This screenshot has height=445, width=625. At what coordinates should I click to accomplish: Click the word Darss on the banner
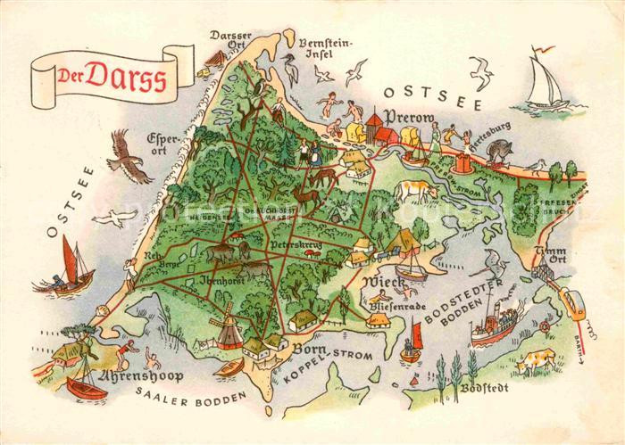coord(125,78)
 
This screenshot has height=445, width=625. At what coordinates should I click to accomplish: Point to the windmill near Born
coord(226,325)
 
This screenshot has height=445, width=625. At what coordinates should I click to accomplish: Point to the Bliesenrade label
coord(396,306)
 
